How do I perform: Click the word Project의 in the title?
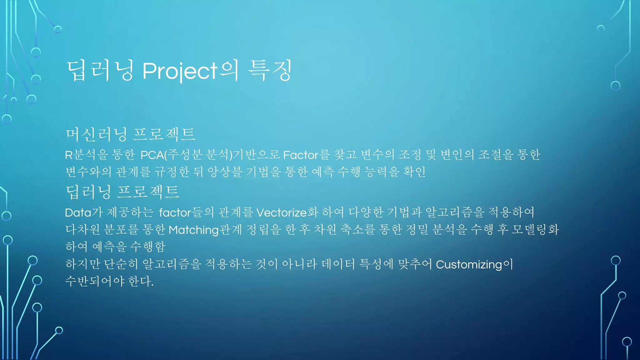coord(190,71)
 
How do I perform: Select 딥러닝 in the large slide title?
coord(100,71)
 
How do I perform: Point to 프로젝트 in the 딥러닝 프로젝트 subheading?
coord(148,192)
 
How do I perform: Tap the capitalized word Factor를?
coord(306,155)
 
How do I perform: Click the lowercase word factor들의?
coord(186,213)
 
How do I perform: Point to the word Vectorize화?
coord(287,213)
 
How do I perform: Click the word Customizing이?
coord(474,265)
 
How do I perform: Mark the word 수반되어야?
coord(95,281)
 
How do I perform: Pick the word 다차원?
coord(82,230)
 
